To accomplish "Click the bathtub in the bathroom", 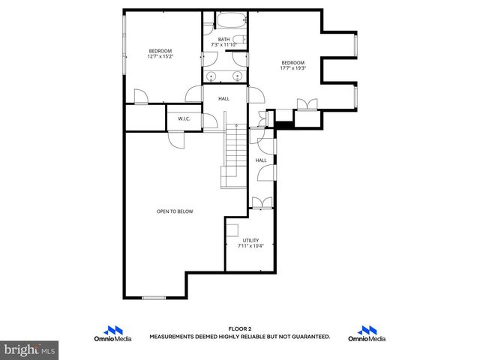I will (x=225, y=21).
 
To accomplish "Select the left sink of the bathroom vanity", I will (x=213, y=76).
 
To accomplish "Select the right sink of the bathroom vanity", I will (x=237, y=76).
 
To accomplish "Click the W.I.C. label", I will (x=183, y=119).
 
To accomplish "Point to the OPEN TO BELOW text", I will (x=174, y=211).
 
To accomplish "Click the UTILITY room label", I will (x=250, y=240).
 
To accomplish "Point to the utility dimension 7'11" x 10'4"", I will (x=250, y=246).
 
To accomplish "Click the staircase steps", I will (x=235, y=154).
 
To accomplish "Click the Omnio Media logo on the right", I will (x=367, y=334).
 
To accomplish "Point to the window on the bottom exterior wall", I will (x=154, y=298).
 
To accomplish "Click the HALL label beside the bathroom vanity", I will (x=223, y=98).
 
